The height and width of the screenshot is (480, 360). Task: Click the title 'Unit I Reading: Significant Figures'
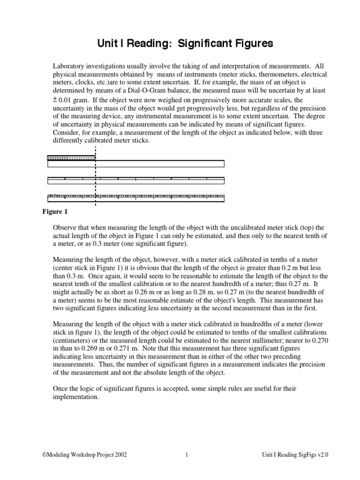[x=185, y=44]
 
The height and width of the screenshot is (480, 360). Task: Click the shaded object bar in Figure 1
[x=71, y=157]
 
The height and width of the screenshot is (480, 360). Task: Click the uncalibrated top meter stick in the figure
[x=136, y=164]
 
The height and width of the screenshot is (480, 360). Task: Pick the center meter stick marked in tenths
[x=136, y=180]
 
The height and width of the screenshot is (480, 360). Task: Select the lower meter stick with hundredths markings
[x=136, y=197]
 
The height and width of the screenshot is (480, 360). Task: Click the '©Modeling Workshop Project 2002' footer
[x=84, y=455]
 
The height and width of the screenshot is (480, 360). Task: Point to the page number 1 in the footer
[x=187, y=455]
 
